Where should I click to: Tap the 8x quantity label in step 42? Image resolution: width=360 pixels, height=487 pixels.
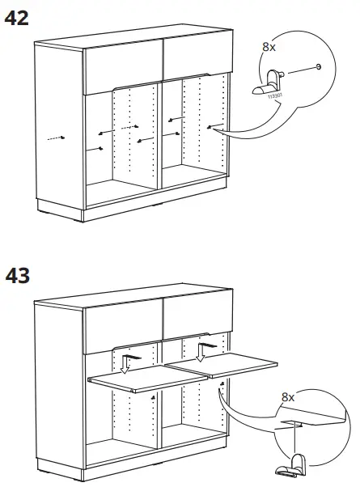point(269,48)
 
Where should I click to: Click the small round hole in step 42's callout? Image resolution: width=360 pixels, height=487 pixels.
point(320,67)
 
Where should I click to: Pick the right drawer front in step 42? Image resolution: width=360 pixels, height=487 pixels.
point(196,54)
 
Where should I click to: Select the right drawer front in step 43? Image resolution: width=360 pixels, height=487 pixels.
point(196,315)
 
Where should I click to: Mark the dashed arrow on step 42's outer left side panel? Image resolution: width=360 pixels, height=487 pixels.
point(53,138)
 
